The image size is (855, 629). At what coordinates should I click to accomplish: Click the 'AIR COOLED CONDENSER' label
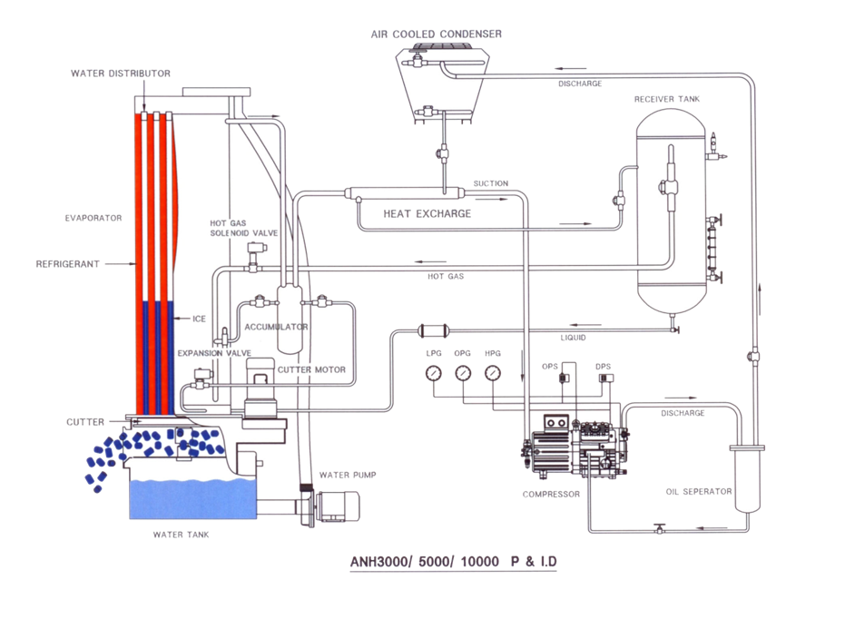436,34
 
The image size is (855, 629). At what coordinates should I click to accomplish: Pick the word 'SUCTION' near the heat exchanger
490,183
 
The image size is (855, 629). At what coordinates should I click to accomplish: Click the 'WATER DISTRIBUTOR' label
121,73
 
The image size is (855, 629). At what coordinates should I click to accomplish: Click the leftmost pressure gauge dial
435,372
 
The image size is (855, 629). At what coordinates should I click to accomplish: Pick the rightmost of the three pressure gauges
493,372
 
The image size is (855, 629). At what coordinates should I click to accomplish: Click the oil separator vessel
748,477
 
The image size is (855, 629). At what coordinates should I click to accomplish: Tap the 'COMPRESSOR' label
545,495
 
